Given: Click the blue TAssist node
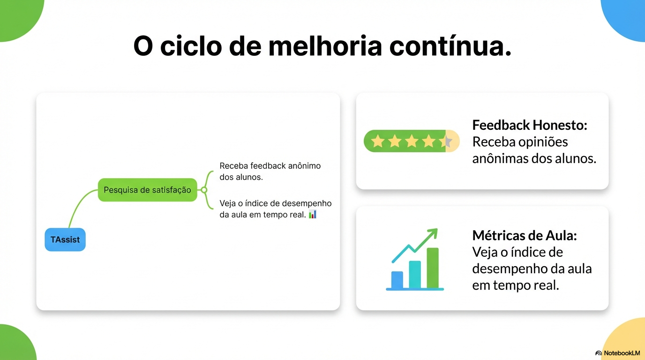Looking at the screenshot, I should click(x=65, y=240).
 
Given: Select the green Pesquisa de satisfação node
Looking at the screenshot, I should click(x=147, y=190).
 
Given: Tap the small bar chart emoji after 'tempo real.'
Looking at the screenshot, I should click(x=313, y=215).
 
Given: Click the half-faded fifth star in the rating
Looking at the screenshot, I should click(x=447, y=141).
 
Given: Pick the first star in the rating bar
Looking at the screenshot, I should click(x=377, y=141).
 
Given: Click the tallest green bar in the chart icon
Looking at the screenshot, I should click(x=433, y=268).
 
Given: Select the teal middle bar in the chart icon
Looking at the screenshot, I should click(x=415, y=274).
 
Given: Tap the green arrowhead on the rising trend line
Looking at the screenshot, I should click(x=433, y=232).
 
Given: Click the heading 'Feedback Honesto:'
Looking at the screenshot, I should click(x=530, y=125).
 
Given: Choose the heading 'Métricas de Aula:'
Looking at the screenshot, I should click(x=524, y=235).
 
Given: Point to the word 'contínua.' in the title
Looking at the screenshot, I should click(x=450, y=46).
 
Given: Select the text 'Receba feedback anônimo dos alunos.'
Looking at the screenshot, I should click(x=270, y=172).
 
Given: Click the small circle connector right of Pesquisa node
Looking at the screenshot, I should click(x=204, y=190).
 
